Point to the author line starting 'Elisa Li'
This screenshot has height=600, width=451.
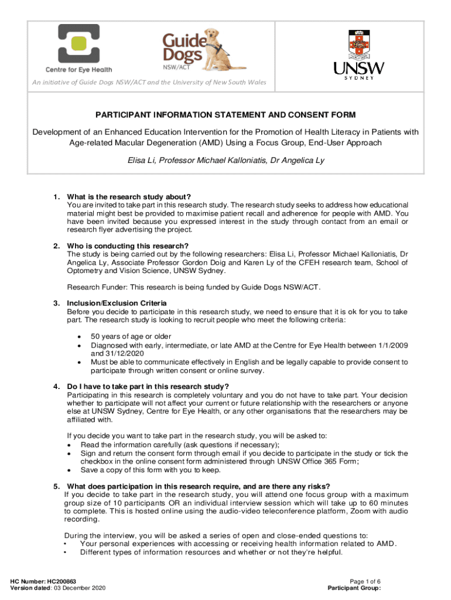[225, 160]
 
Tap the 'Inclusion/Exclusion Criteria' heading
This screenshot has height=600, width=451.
[117, 303]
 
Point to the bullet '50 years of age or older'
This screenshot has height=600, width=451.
[131, 337]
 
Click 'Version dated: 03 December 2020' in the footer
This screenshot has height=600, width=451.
[58, 588]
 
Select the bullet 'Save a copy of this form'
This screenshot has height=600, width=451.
[151, 470]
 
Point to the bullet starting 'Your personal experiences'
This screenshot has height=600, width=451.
[238, 543]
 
